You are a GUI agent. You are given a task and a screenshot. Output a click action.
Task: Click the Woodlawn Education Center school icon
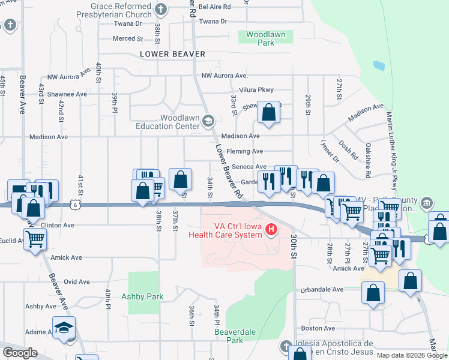click(x=208, y=121)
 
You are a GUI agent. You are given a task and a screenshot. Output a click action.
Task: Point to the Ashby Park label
click(x=142, y=296)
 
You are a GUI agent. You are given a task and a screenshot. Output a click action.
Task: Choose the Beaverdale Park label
click(x=229, y=335)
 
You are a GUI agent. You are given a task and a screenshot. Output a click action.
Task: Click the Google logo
click(x=20, y=353)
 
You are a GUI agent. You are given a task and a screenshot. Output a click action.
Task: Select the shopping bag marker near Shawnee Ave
click(x=269, y=112)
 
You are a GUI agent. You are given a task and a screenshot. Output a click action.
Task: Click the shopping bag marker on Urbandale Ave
click(x=373, y=293)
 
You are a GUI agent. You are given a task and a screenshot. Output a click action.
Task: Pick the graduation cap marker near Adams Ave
click(x=64, y=327)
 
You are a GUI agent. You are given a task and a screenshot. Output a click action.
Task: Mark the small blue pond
click(x=379, y=65)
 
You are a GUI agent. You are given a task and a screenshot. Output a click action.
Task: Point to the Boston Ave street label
click(x=313, y=328)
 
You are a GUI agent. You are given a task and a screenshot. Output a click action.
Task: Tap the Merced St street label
click(x=128, y=38)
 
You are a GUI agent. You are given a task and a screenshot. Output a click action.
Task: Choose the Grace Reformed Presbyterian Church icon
click(x=160, y=9)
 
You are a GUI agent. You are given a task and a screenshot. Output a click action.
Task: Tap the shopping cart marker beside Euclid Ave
click(x=35, y=239)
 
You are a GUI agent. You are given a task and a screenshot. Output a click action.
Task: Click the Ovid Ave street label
click(x=77, y=281)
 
